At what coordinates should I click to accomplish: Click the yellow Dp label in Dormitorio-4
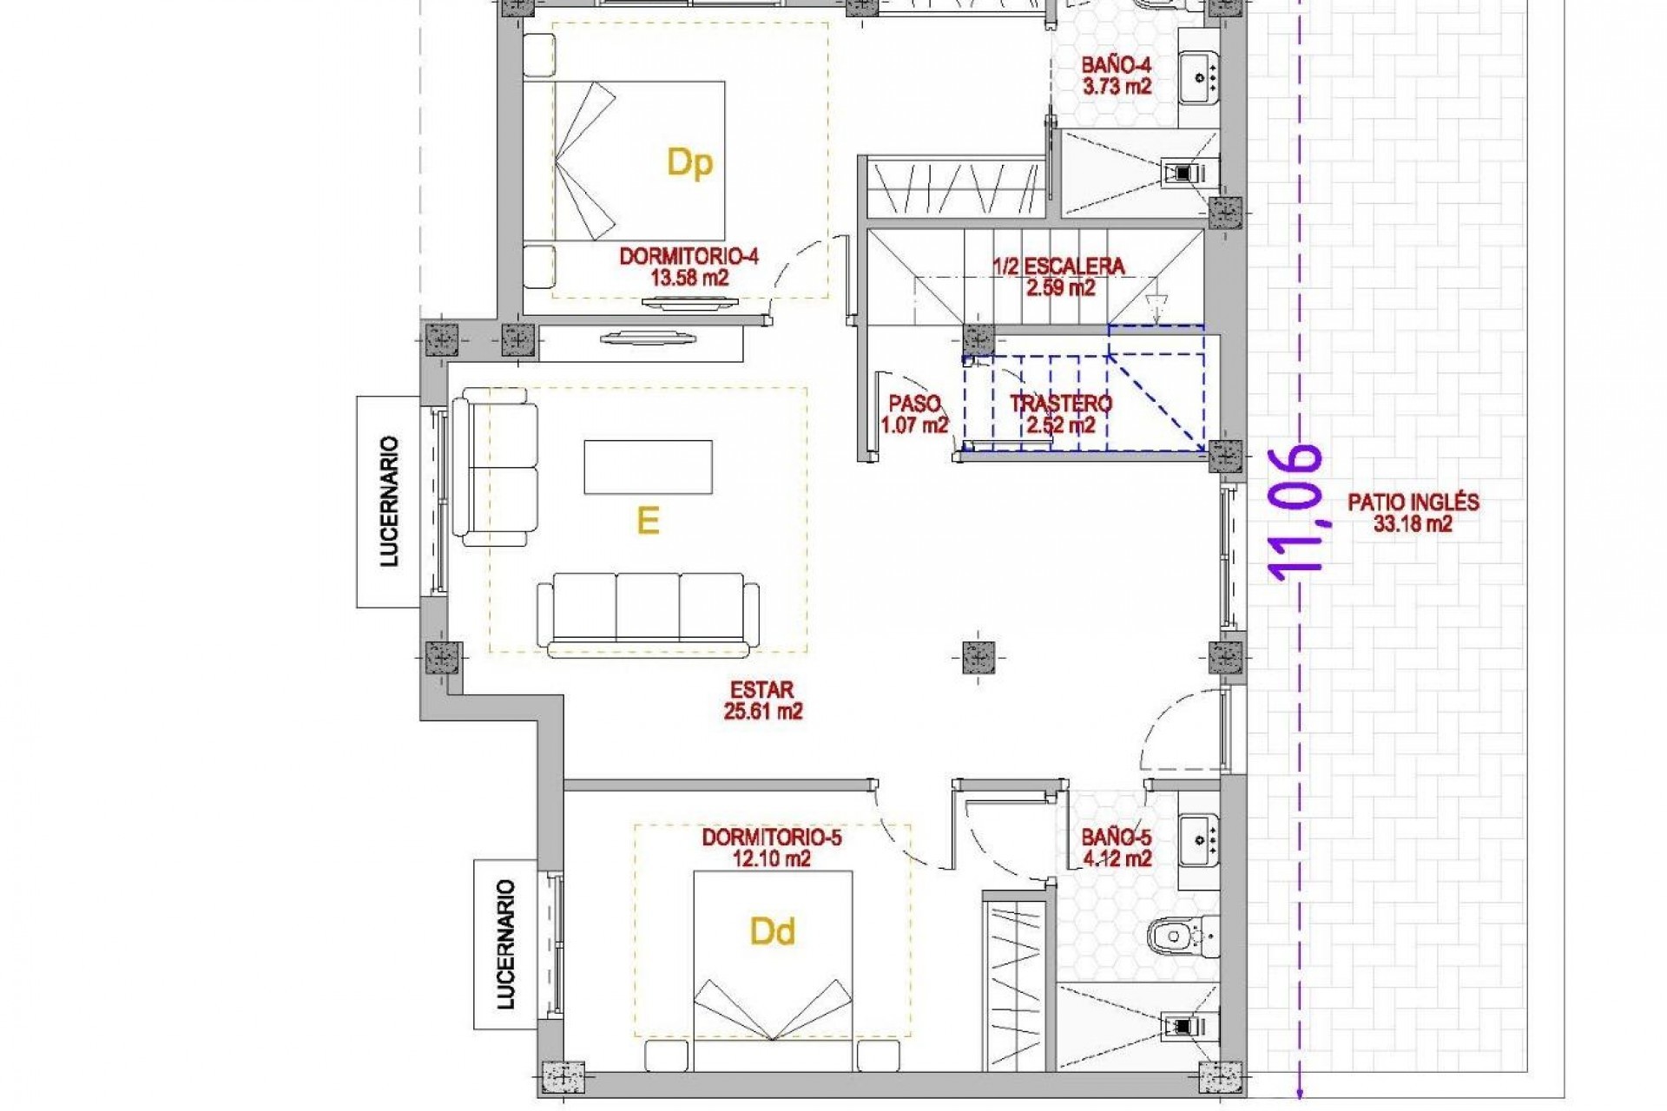(x=689, y=162)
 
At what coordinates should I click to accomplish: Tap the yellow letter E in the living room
(x=648, y=521)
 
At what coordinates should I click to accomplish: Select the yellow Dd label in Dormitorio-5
(x=772, y=931)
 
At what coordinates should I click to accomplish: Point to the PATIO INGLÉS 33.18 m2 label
(x=1413, y=512)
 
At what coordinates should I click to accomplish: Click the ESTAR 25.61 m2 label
(x=762, y=700)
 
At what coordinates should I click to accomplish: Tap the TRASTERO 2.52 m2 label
(x=1060, y=414)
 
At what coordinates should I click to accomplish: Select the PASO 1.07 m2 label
(x=914, y=414)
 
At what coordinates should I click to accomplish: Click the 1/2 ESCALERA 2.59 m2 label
(x=1059, y=277)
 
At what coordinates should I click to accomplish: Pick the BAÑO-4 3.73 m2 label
(x=1116, y=76)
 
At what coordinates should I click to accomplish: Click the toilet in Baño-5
(x=1173, y=937)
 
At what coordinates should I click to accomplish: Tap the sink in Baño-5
(x=1200, y=840)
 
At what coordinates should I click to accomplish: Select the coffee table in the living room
(x=648, y=467)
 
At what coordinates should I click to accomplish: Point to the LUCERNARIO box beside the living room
(x=388, y=502)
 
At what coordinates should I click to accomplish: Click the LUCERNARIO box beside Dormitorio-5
(x=505, y=944)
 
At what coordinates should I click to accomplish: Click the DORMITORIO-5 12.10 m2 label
(x=771, y=848)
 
